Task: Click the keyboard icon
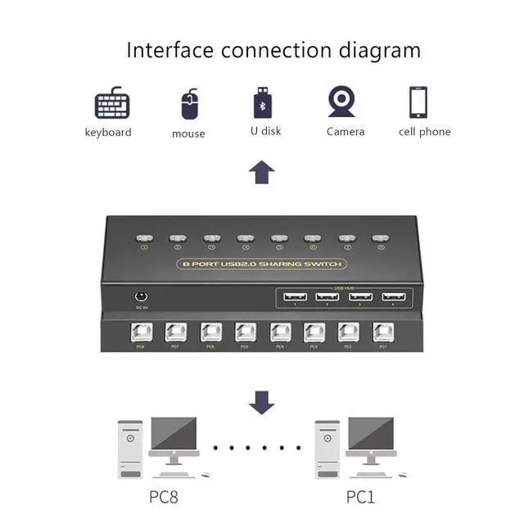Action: pyautogui.click(x=112, y=105)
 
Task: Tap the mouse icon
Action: pyautogui.click(x=188, y=104)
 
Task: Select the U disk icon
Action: pyautogui.click(x=263, y=103)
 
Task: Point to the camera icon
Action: pyautogui.click(x=341, y=102)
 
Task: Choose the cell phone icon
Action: pyautogui.click(x=420, y=103)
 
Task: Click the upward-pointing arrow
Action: pyautogui.click(x=261, y=172)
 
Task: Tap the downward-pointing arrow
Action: pyautogui.click(x=261, y=401)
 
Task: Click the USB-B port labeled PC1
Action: pyautogui.click(x=382, y=332)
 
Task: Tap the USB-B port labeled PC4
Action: pyautogui.click(x=280, y=332)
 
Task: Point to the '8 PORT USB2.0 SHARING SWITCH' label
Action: pyautogui.click(x=261, y=264)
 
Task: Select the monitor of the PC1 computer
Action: pyautogui.click(x=370, y=435)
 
